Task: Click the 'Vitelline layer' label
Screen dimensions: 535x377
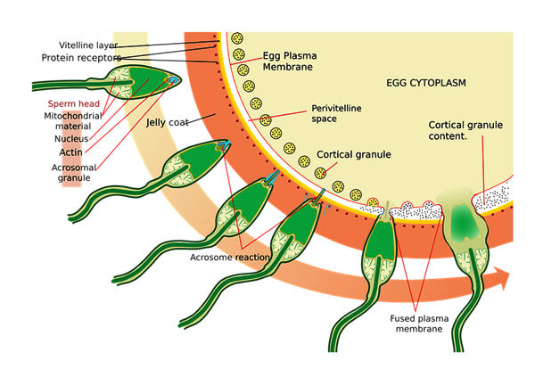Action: pos(88,45)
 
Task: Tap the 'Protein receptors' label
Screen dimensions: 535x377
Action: pos(81,58)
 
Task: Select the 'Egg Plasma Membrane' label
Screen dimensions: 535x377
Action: pos(290,61)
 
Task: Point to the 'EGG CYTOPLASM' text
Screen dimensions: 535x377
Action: pos(426,83)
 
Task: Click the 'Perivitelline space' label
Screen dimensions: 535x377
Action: pos(336,113)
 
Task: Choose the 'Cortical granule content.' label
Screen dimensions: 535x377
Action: pos(465,130)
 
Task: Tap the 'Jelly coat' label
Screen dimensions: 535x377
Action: pos(168,122)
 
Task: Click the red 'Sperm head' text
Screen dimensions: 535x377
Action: pos(74,103)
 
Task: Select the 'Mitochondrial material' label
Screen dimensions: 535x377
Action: pos(73,121)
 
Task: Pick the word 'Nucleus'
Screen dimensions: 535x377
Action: pos(71,139)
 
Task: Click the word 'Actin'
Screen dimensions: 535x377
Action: pos(71,152)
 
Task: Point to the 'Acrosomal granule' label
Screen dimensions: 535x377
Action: pos(74,173)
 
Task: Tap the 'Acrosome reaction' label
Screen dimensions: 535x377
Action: pos(230,258)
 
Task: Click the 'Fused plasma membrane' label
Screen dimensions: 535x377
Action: pos(419,324)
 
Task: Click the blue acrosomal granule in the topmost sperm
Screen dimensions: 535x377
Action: pos(174,80)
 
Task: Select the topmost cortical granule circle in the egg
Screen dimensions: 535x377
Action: pos(237,38)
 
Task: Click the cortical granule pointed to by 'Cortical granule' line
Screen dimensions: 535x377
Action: pos(320,173)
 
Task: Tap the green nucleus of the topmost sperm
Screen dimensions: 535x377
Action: pos(148,82)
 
